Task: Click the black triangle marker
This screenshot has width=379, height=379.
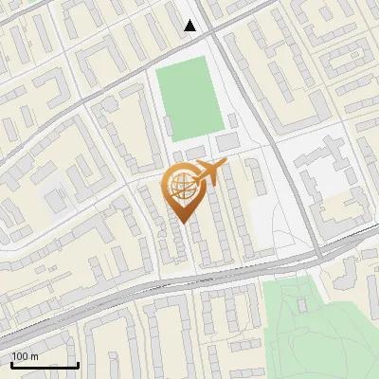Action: click(x=190, y=26)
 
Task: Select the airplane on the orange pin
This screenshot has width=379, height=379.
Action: click(x=208, y=172)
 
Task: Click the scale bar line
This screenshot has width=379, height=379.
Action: click(x=45, y=365)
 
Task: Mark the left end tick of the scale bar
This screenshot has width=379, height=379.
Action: click(x=11, y=363)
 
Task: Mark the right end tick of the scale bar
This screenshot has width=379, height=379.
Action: click(x=78, y=363)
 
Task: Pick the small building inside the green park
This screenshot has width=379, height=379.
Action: click(x=302, y=304)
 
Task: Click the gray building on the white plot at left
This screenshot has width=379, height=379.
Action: click(x=57, y=199)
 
